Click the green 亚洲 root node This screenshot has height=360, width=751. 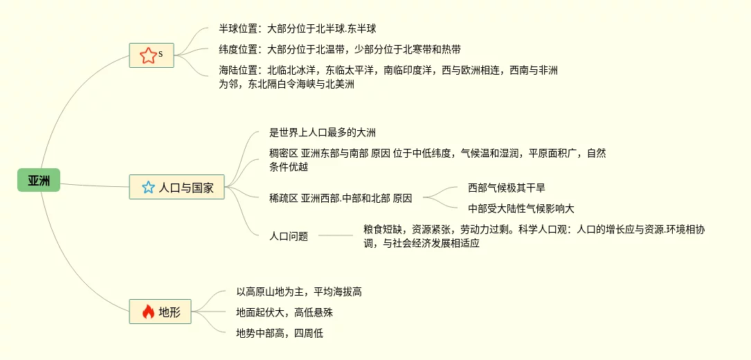[39, 181]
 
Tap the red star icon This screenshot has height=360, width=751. [147, 55]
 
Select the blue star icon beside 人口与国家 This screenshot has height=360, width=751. [147, 187]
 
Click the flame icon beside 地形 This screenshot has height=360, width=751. [147, 312]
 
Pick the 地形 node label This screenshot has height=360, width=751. [170, 312]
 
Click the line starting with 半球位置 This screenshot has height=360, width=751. [298, 29]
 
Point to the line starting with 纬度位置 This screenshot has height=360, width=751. [339, 49]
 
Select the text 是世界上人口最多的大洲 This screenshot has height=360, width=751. [323, 132]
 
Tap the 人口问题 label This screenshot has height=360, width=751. [289, 236]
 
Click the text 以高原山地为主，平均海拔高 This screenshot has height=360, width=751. [299, 292]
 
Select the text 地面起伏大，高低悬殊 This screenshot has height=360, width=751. [284, 312]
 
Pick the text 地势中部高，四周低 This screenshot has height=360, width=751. [280, 333]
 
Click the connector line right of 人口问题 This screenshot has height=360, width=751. [336, 236]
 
